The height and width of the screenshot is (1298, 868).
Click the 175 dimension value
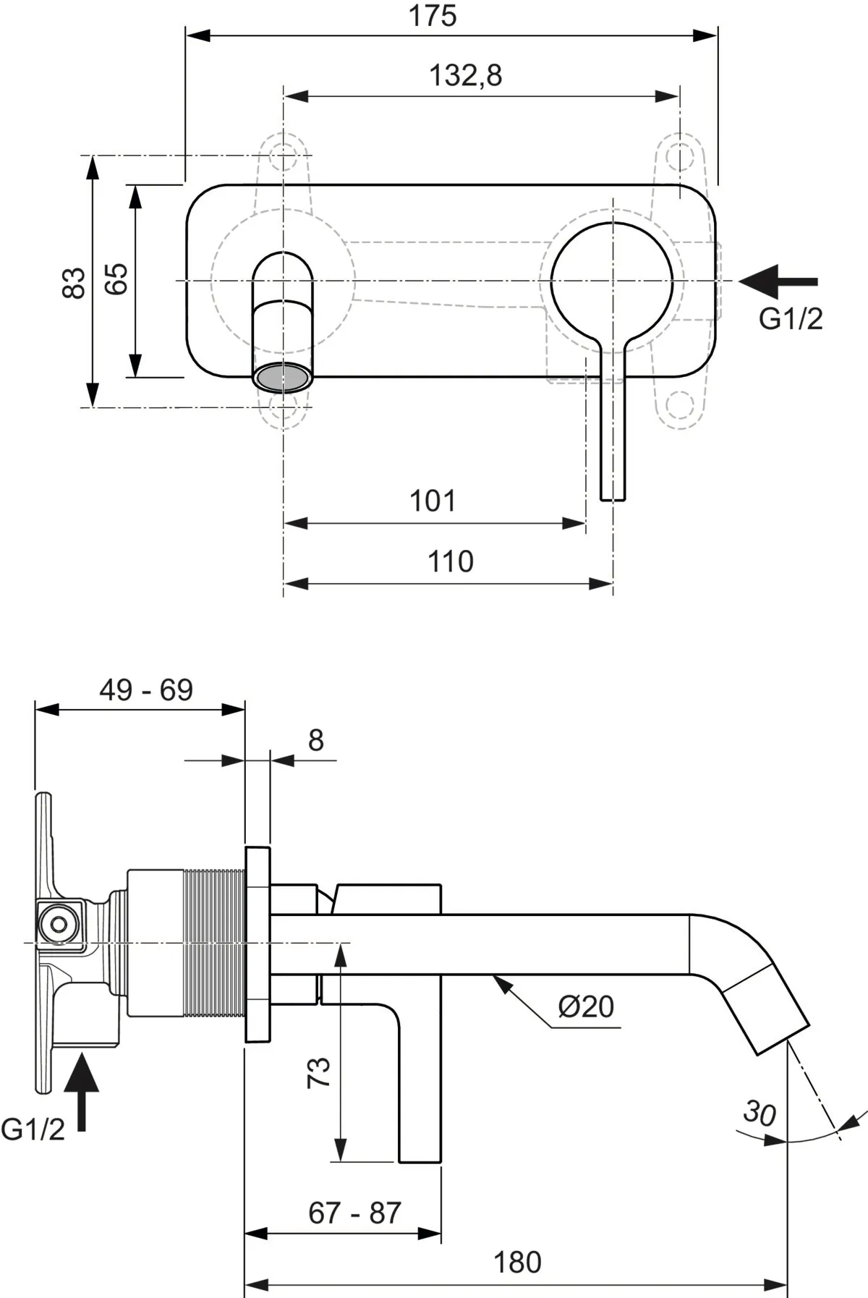click(x=433, y=16)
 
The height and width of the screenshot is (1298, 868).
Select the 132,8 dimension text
click(x=466, y=75)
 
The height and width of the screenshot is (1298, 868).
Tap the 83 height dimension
click(x=74, y=282)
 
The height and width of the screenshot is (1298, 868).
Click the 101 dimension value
click(x=433, y=501)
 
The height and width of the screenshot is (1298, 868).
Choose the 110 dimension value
click(x=450, y=561)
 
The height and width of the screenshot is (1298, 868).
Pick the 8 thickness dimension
click(x=316, y=740)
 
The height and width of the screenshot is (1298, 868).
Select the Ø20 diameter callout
click(x=586, y=1006)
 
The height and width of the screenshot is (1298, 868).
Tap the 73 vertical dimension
click(x=319, y=1072)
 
